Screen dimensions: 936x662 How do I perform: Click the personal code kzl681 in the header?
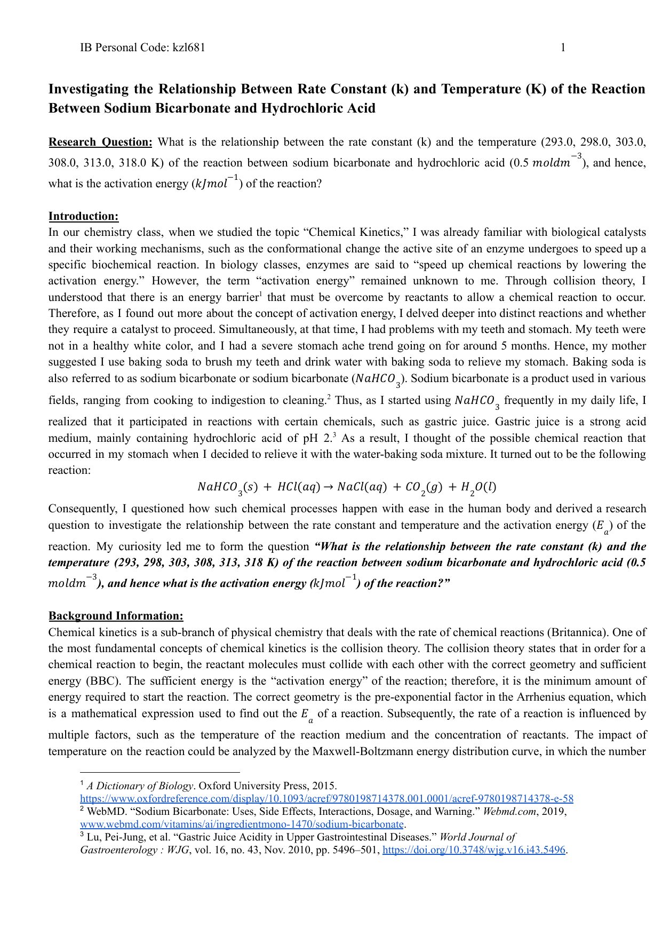pos(189,47)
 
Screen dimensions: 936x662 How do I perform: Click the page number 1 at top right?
pos(563,47)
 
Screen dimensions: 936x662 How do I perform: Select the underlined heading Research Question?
pos(100,142)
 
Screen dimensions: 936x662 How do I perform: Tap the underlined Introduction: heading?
pos(83,216)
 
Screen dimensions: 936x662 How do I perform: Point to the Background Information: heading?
pos(116,616)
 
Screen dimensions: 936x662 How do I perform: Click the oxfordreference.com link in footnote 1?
pos(326,799)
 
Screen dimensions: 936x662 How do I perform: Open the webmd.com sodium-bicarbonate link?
pos(242,824)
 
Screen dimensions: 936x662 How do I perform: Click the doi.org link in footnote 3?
pos(474,850)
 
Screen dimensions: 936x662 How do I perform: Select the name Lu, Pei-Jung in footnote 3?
pos(111,837)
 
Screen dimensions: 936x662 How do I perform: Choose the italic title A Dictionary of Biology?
pos(140,786)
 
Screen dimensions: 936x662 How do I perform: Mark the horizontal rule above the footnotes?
pos(160,772)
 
